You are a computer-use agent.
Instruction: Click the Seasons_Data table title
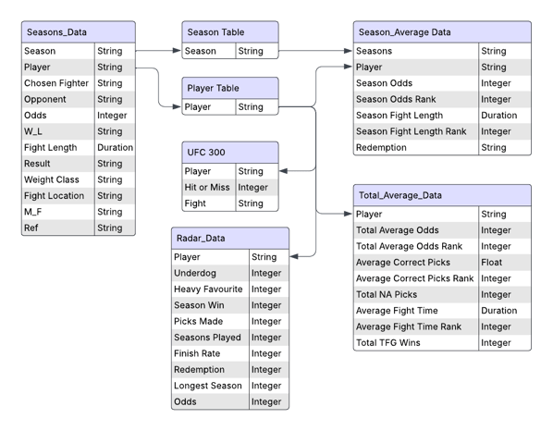pos(56,32)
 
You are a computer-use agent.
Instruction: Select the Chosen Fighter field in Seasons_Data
pos(56,83)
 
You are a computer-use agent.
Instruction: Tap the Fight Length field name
pos(51,147)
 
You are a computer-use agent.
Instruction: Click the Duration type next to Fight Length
pos(115,147)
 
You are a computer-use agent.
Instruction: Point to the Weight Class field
pos(52,179)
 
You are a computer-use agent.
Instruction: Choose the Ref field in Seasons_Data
pos(31,228)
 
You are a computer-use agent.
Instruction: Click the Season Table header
pos(215,32)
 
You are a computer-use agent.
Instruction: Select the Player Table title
pos(213,88)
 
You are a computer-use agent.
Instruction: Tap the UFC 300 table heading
pos(206,153)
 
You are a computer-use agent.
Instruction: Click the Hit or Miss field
pos(207,187)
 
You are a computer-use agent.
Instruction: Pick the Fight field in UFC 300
pos(195,203)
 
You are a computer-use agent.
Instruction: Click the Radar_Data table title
pos(201,238)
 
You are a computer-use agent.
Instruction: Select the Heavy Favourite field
pos(208,289)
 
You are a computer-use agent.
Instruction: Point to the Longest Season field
pos(208,386)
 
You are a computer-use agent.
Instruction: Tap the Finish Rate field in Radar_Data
pos(197,353)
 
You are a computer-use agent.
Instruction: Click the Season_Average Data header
pos(404,32)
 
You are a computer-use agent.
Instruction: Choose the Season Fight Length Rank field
pos(411,131)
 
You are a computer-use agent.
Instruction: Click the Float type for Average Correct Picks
pos(492,263)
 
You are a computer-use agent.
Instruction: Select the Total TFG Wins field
pos(388,343)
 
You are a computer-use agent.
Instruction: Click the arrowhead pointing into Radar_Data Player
pos(294,256)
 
